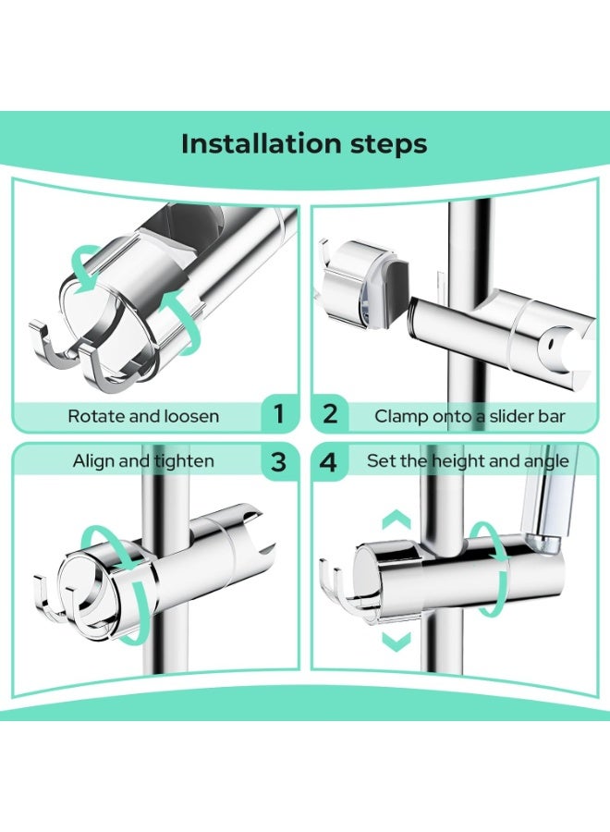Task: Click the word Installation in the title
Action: pos(261,144)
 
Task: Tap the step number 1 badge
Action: pos(278,414)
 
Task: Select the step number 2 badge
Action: pos(330,414)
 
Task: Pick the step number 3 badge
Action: pos(278,462)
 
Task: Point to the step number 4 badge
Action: pos(329,462)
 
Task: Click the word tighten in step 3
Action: pos(185,461)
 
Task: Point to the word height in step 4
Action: pos(458,461)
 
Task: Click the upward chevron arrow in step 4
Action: pos(396,520)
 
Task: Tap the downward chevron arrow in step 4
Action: pos(396,642)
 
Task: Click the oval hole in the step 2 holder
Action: pos(552,346)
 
